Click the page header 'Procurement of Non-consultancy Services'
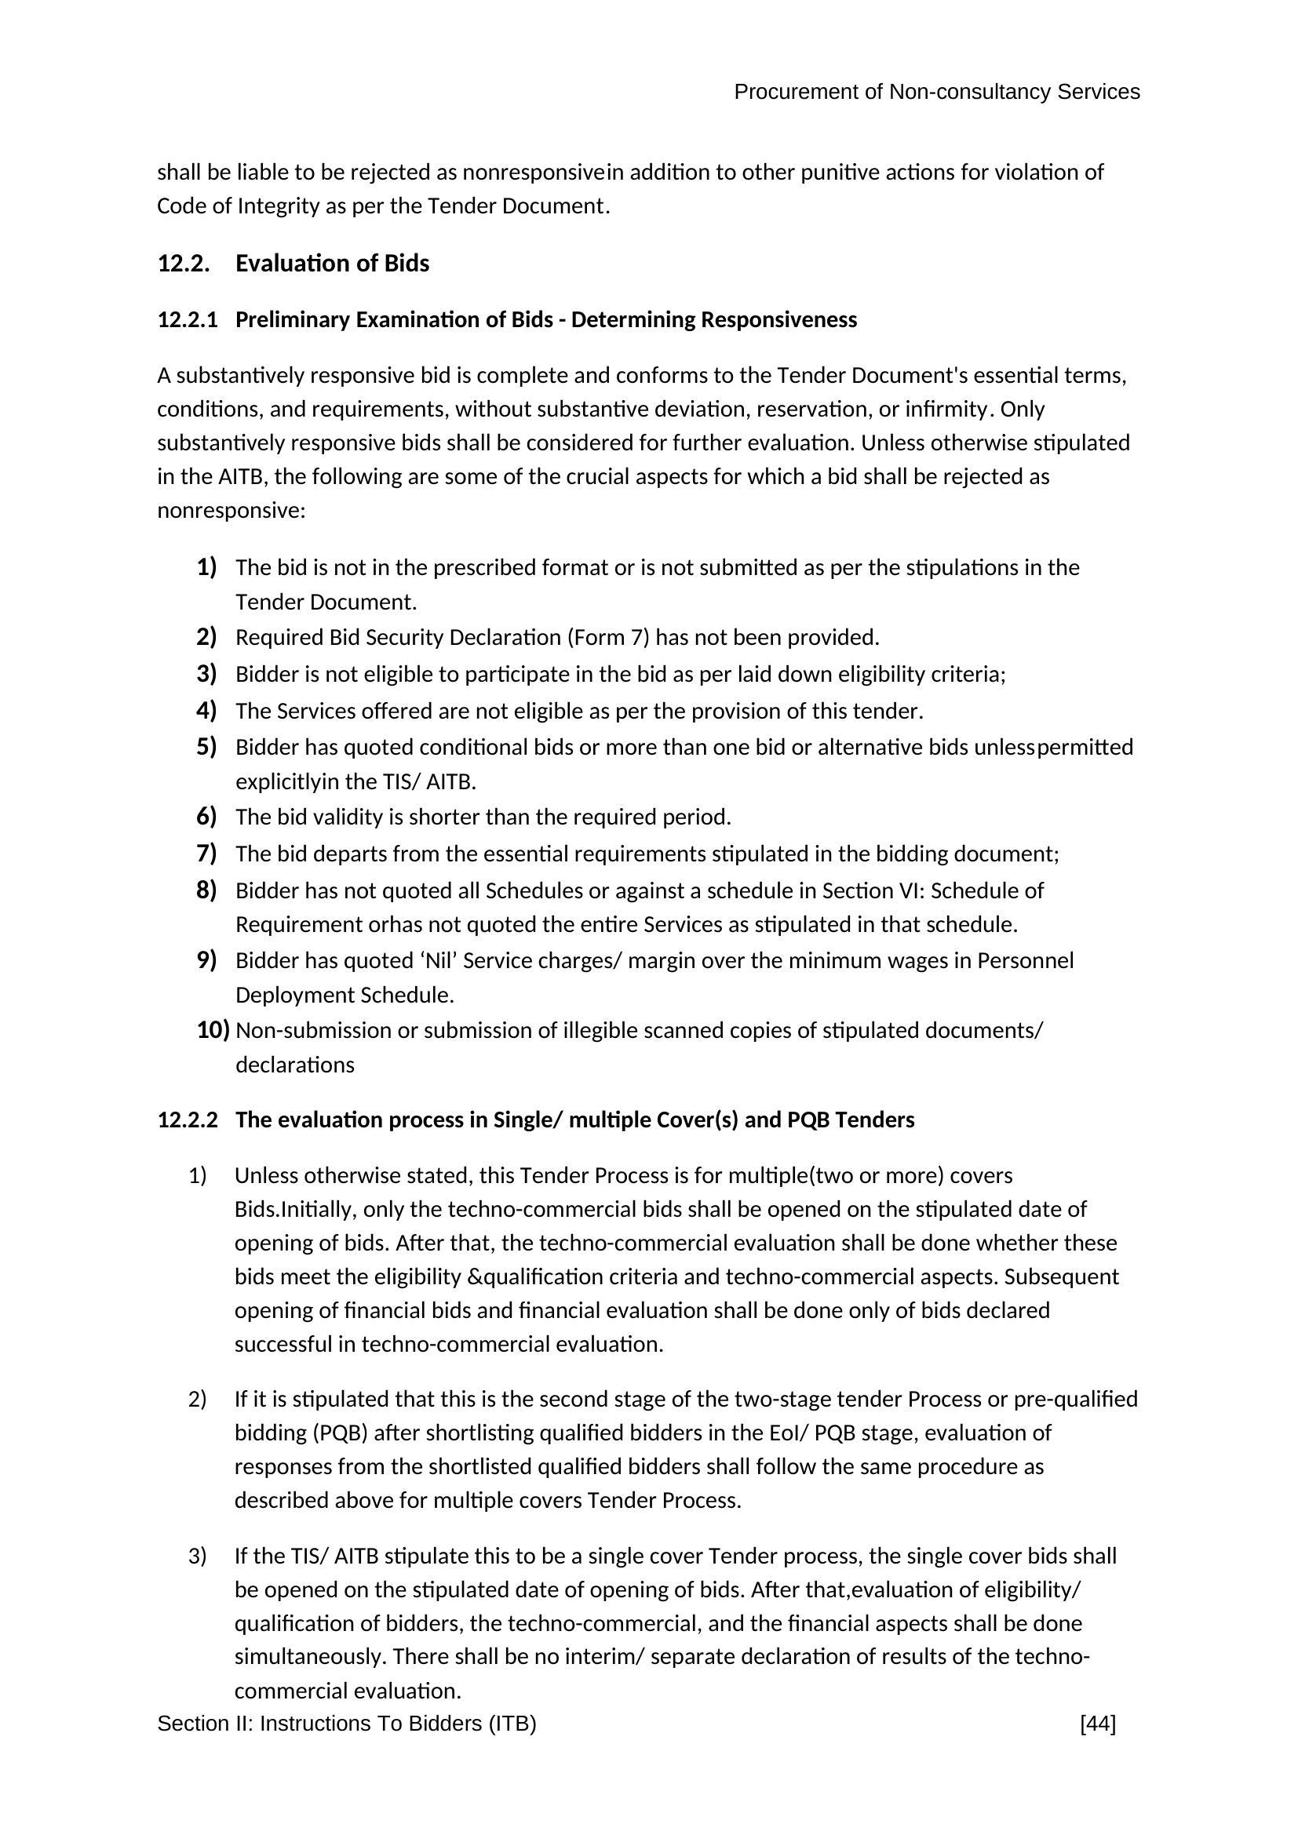tap(936, 93)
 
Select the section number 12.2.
tap(184, 264)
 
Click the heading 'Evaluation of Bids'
tap(332, 264)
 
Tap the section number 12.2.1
tap(187, 321)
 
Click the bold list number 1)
tap(206, 567)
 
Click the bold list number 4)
tap(206, 711)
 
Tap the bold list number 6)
tap(206, 817)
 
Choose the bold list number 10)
tap(213, 1030)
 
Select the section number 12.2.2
tap(187, 1120)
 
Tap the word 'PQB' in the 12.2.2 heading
tap(808, 1120)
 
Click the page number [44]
tap(1097, 1724)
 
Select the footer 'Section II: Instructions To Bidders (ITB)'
tap(346, 1724)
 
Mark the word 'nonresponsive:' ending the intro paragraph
tap(231, 511)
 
